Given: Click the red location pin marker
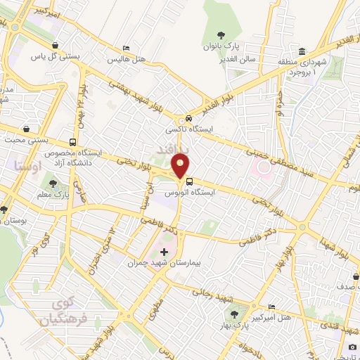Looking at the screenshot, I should coord(181,166).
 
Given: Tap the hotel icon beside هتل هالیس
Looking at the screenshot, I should coord(126,49).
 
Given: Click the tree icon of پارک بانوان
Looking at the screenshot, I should coord(221,34).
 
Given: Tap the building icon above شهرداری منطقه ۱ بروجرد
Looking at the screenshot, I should coord(302,51).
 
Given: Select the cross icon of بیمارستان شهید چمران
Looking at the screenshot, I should coord(165,252).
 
